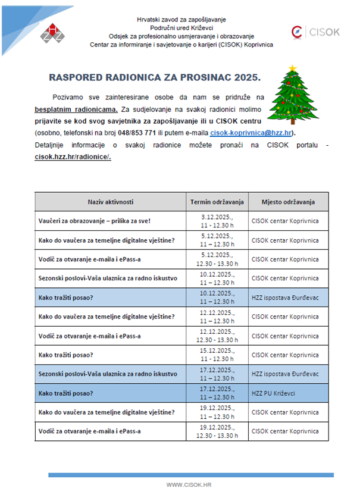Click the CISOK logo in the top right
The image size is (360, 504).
(x=315, y=32)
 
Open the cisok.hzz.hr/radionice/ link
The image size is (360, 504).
(x=73, y=157)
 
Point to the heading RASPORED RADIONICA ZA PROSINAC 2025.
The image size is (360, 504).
(x=154, y=78)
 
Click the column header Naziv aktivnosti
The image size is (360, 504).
(x=110, y=202)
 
